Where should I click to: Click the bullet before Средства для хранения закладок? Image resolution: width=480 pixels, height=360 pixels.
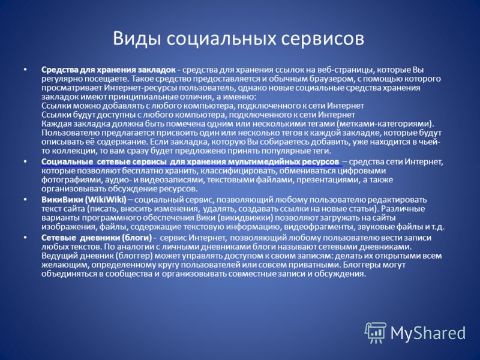(x=25, y=70)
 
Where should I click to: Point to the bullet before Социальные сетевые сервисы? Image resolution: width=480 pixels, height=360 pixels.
(x=25, y=161)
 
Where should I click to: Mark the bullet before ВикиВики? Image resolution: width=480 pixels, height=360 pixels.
(x=25, y=199)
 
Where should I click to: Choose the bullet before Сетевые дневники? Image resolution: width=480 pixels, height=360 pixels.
(x=25, y=237)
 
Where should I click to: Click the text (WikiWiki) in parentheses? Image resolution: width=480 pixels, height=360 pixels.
(x=106, y=200)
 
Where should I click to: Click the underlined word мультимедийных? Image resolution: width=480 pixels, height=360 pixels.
(x=268, y=162)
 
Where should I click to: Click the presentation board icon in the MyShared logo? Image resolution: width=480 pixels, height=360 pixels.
(x=376, y=332)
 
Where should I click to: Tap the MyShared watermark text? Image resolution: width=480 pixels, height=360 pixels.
(x=428, y=333)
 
